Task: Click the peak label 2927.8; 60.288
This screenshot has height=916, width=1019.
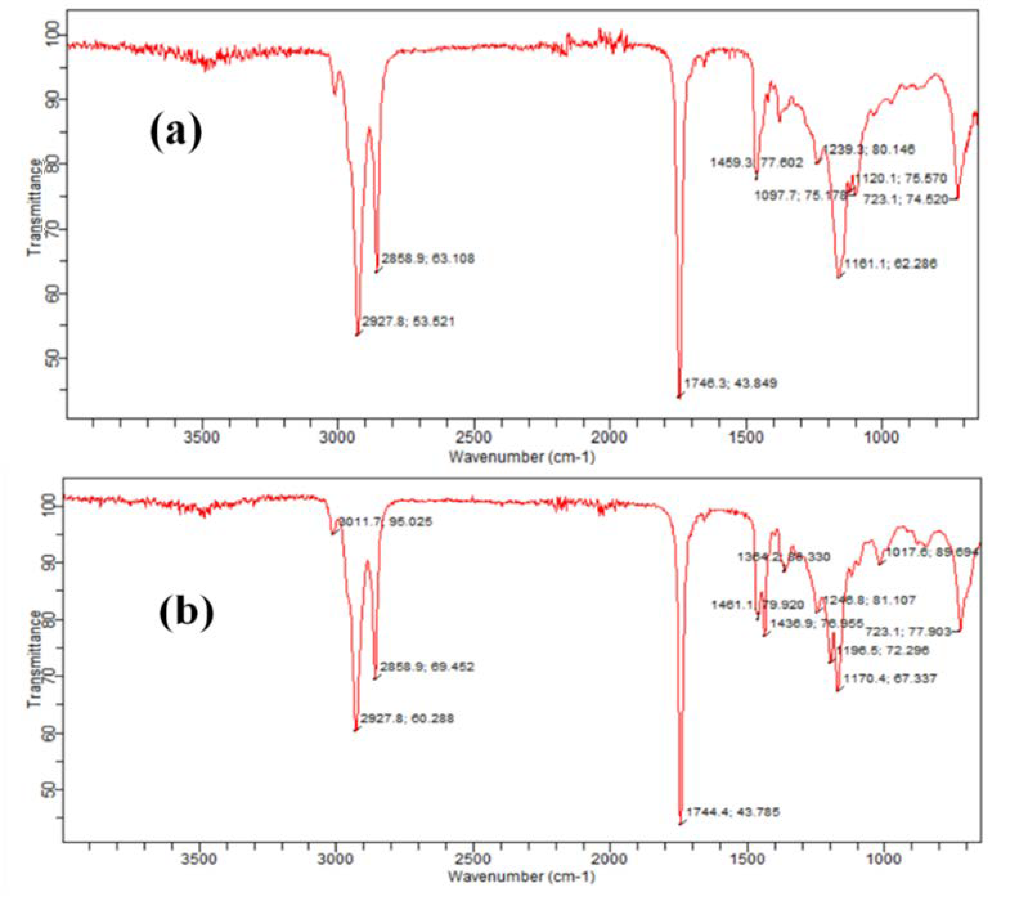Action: pyautogui.click(x=408, y=718)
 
